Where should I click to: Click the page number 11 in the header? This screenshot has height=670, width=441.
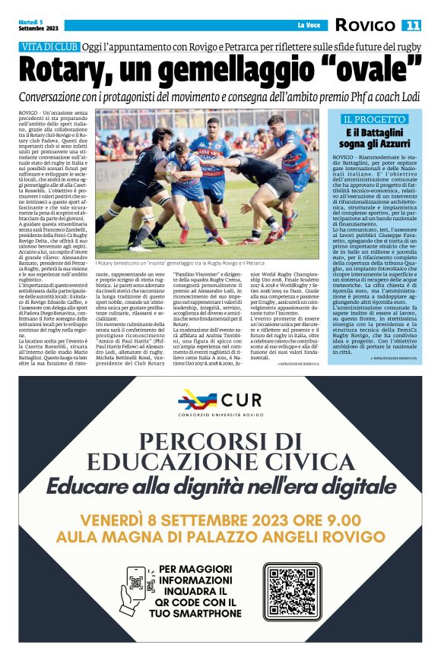click(412, 25)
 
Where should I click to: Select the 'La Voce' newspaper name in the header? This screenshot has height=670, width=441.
click(308, 26)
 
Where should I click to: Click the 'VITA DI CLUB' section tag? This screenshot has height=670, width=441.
click(49, 47)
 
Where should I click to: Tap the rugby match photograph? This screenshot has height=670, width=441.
click(207, 182)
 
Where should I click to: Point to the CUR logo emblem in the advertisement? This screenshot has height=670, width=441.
click(197, 400)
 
